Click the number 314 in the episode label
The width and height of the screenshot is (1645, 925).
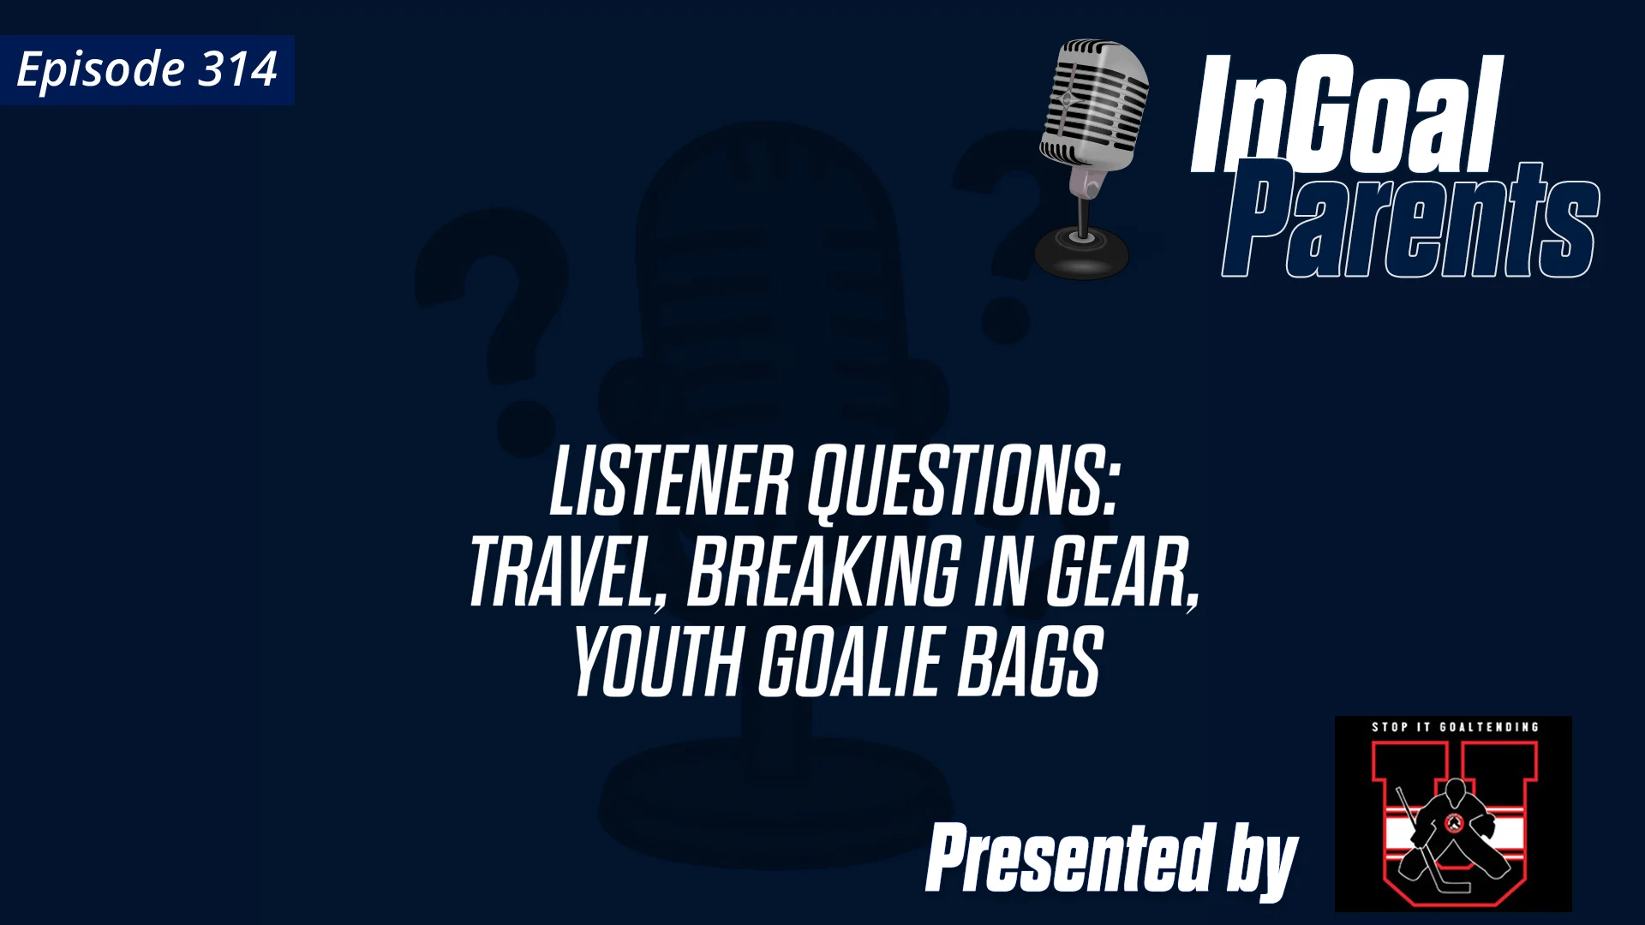pos(237,69)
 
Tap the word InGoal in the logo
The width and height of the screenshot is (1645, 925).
pos(1345,116)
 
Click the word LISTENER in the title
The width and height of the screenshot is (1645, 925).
pos(670,482)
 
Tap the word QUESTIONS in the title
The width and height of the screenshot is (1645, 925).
pos(964,482)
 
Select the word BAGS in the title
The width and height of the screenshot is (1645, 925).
pos(1029,662)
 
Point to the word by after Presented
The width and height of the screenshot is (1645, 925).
pos(1262,861)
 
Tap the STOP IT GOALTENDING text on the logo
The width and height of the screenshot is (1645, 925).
pos(1455,727)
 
